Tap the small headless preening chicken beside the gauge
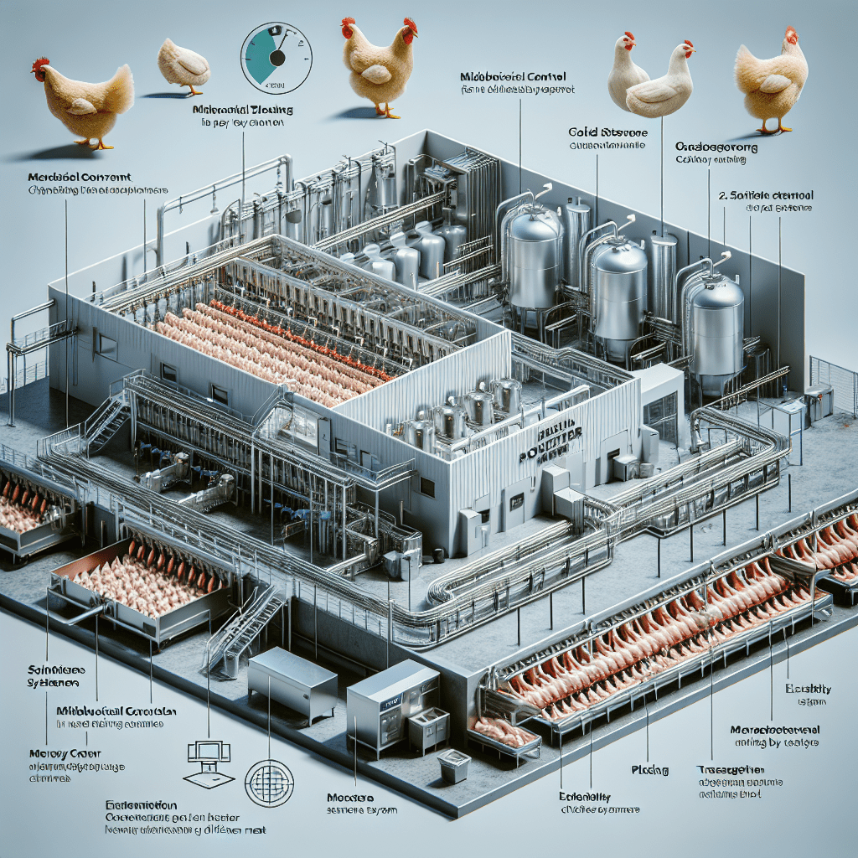point(183,64)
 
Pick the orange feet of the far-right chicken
point(773,128)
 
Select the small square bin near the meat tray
point(455,764)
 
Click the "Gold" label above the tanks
point(589,132)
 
